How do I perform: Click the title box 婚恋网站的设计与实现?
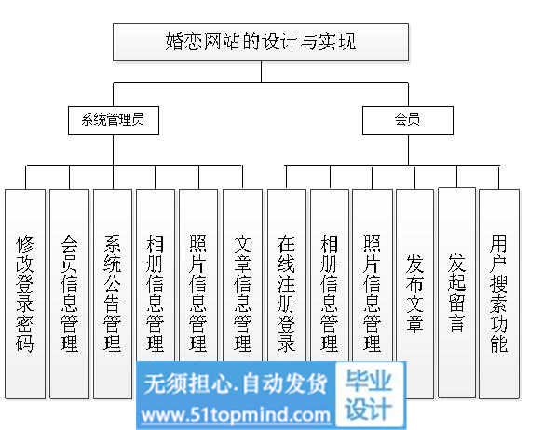[x=261, y=42]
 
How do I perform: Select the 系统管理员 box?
[x=114, y=120]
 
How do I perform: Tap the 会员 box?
[x=408, y=120]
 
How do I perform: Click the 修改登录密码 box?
[x=25, y=294]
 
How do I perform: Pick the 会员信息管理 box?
[x=69, y=294]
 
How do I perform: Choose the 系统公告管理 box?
[x=113, y=294]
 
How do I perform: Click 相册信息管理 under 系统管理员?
[x=156, y=275]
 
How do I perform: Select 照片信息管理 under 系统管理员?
[x=198, y=275]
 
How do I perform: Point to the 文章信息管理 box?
[x=242, y=275]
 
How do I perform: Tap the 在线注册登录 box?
[x=287, y=275]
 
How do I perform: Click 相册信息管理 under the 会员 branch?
[x=330, y=275]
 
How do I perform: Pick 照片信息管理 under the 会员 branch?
[x=373, y=275]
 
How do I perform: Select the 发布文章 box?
[x=414, y=294]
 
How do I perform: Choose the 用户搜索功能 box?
[x=499, y=294]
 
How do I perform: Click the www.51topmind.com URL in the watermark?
[x=236, y=414]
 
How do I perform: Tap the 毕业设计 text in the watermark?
[x=369, y=395]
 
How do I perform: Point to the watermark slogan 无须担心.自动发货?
[x=236, y=383]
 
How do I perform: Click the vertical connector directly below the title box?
[x=261, y=72]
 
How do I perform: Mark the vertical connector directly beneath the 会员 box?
[x=408, y=150]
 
